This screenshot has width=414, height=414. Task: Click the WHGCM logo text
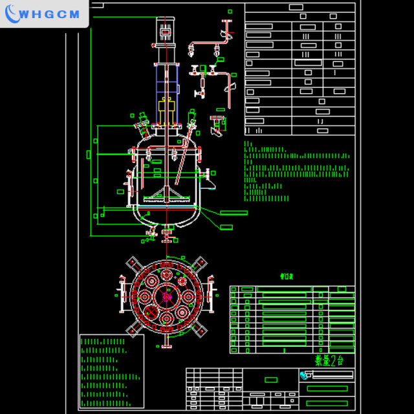(x=50, y=14)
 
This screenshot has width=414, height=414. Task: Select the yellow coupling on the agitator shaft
(x=166, y=106)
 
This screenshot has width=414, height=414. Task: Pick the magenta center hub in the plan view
(x=166, y=297)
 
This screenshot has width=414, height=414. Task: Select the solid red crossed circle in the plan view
(x=151, y=312)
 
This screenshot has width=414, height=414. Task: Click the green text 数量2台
(x=329, y=360)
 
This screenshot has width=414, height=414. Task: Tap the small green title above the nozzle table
(x=287, y=276)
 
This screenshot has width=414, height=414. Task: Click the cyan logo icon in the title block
(x=305, y=375)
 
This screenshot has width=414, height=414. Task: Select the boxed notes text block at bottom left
(x=111, y=371)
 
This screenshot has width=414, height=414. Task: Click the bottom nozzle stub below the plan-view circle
(x=166, y=342)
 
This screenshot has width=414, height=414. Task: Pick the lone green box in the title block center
(x=271, y=380)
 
